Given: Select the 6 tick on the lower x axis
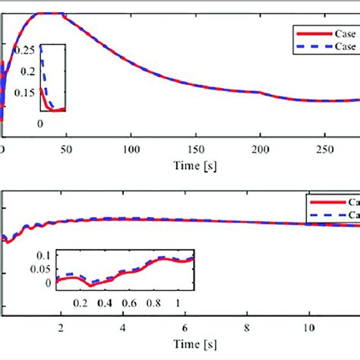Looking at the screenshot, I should point(183,327).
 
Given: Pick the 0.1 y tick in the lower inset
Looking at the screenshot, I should point(49,254).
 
